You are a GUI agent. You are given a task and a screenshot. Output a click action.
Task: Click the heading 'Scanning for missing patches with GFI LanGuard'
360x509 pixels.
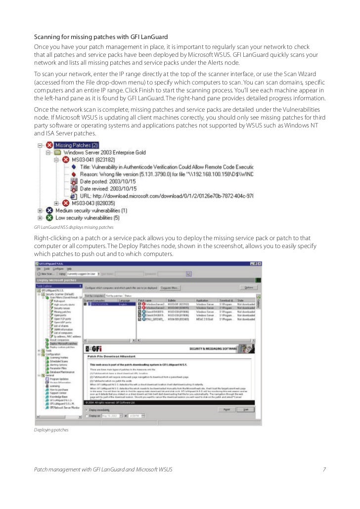coord(101,38)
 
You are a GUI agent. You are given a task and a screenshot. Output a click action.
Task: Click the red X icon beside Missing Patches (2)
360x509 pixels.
coord(48,145)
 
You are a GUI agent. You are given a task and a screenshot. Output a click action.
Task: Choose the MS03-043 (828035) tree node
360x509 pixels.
coord(93,203)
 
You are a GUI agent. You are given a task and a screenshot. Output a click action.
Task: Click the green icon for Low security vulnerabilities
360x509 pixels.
coord(48,217)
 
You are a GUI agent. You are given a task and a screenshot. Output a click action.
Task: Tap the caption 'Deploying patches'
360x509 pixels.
coord(51,430)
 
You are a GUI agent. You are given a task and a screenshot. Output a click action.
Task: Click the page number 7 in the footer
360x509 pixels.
coord(324,468)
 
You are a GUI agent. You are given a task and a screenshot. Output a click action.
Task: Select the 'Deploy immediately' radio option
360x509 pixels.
coord(88,410)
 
